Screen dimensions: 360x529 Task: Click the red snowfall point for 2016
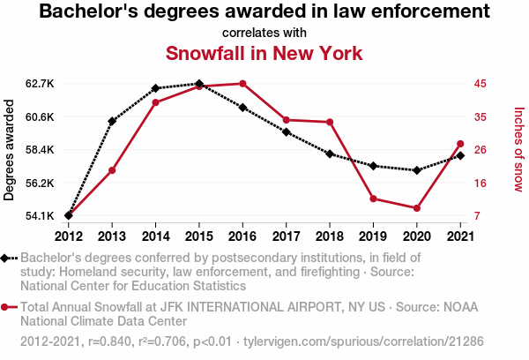click(x=242, y=84)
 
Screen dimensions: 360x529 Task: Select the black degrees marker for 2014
click(x=155, y=88)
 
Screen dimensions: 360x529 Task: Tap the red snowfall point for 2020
click(x=416, y=208)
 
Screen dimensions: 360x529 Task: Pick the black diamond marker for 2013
click(x=112, y=121)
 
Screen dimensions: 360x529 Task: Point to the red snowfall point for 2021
click(x=460, y=144)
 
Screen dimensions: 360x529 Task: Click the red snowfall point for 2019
click(x=373, y=199)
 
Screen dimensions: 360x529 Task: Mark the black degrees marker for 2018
click(x=330, y=154)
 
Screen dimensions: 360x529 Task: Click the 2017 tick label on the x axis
click(x=286, y=236)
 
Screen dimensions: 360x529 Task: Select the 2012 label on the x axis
click(x=69, y=236)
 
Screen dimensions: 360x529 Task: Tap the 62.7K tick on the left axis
click(x=41, y=84)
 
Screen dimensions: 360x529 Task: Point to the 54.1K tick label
click(x=41, y=216)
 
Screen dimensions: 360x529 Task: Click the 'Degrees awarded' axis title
click(x=10, y=150)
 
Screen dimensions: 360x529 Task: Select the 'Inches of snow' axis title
click(x=518, y=150)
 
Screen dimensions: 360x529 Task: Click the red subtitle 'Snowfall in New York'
click(x=264, y=53)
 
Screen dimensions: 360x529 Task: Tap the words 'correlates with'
click(x=264, y=32)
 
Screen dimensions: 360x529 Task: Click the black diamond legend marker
click(x=9, y=258)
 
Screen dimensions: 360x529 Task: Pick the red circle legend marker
click(x=9, y=307)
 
